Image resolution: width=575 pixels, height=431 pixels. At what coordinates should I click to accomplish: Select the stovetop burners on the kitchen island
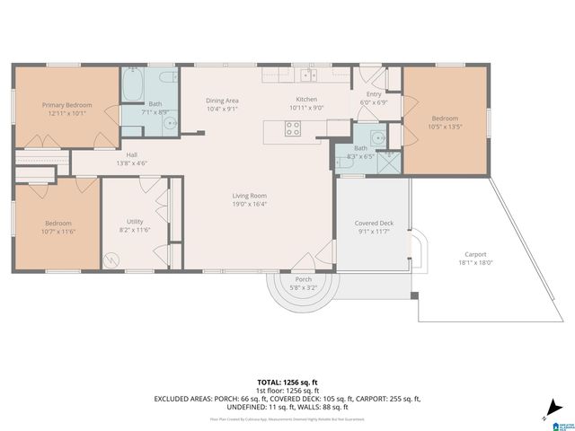click(293, 128)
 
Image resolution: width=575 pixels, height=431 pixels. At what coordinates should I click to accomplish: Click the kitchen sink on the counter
click(308, 75)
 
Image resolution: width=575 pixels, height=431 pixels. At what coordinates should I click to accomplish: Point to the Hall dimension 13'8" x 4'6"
click(131, 163)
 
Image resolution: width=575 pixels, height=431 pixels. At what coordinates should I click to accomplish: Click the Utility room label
click(135, 221)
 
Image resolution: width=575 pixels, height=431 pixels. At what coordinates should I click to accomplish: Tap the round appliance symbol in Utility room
click(112, 260)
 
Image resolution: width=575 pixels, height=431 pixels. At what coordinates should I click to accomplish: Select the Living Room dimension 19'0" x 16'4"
click(250, 204)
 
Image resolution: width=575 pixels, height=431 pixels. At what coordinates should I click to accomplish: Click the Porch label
click(304, 279)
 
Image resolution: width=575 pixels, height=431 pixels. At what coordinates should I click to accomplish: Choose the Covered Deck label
click(374, 223)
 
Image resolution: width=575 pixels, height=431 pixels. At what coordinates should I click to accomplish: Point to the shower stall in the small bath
click(388, 161)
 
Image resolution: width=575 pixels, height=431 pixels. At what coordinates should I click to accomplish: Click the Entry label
click(373, 93)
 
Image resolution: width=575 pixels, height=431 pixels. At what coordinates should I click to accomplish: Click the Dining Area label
click(222, 101)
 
